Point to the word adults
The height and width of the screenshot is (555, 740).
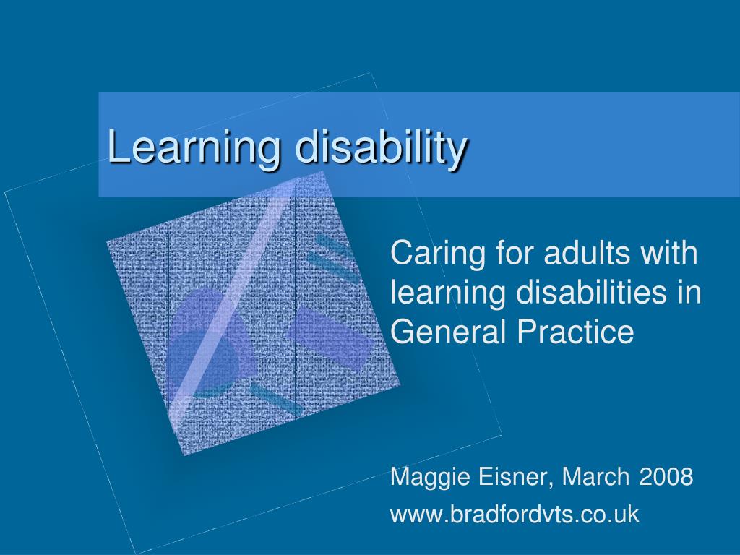tap(587, 252)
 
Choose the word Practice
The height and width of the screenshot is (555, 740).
tap(575, 331)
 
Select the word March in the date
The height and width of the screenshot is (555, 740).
tap(595, 477)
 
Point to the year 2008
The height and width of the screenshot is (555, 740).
tap(666, 477)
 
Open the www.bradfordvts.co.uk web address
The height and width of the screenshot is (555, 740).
tap(515, 515)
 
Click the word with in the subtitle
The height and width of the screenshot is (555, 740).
tap(668, 252)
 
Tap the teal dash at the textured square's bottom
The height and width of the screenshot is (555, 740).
tap(277, 399)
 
